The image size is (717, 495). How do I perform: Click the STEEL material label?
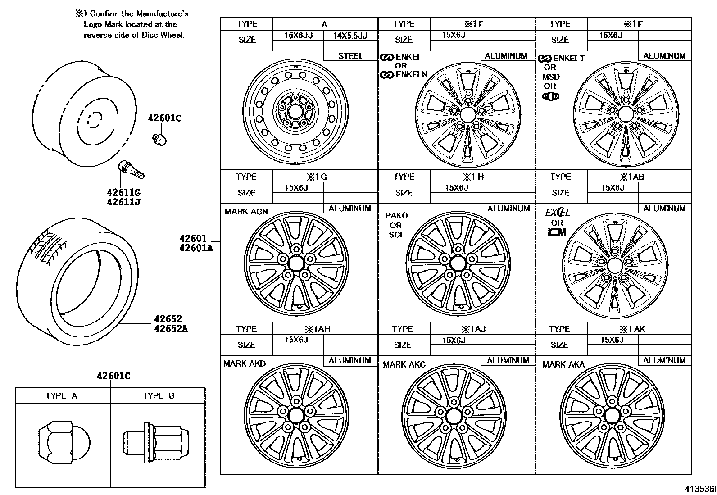pos(350,56)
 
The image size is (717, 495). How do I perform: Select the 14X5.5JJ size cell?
pos(350,36)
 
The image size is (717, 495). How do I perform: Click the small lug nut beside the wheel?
pos(159,139)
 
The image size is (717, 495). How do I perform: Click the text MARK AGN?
pos(246,211)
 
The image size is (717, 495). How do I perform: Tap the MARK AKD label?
pos(245,363)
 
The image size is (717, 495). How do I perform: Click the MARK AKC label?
pos(404,364)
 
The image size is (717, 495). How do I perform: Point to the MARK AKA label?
pos(563,364)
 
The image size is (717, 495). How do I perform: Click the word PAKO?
pos(396,216)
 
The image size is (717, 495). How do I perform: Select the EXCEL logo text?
pos(558,212)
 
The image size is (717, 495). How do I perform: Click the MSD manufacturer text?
pos(551,77)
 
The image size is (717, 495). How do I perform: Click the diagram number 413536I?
pos(699,489)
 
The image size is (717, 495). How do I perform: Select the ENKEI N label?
pos(411,75)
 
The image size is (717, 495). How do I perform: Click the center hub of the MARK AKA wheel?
pos(612,414)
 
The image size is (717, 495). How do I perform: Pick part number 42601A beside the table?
pos(196,247)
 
